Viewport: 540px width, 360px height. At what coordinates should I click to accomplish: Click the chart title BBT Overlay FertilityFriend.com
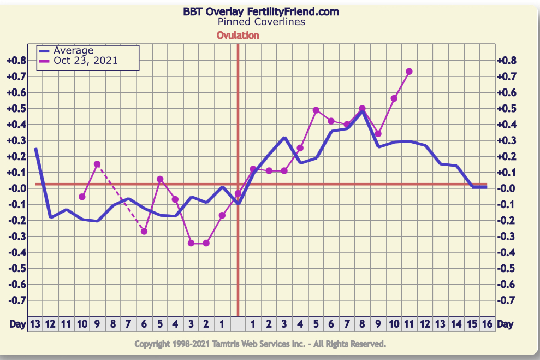[x=260, y=11]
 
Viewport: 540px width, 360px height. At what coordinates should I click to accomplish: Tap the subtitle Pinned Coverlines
[x=261, y=22]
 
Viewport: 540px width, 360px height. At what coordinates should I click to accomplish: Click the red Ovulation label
[x=238, y=36]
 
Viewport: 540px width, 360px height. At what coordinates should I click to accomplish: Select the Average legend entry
[x=73, y=51]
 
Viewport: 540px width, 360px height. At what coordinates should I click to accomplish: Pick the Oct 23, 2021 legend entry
[x=85, y=61]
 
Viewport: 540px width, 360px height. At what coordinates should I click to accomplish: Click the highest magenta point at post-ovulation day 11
[x=409, y=72]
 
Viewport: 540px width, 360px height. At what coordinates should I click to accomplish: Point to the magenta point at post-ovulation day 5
[x=316, y=110]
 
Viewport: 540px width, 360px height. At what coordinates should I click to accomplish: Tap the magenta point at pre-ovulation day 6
[x=144, y=232]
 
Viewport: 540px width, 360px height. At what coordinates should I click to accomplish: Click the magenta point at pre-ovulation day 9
[x=97, y=164]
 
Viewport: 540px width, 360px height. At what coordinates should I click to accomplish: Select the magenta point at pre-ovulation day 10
[x=82, y=197]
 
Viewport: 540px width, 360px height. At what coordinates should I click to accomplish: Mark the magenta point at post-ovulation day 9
[x=378, y=134]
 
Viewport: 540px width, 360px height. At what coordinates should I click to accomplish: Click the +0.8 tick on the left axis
[x=16, y=60]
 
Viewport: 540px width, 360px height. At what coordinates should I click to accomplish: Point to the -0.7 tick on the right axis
[x=508, y=300]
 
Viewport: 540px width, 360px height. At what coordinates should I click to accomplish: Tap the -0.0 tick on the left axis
[x=16, y=188]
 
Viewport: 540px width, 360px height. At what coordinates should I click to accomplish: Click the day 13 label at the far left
[x=35, y=324]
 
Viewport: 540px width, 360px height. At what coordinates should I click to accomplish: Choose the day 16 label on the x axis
[x=487, y=324]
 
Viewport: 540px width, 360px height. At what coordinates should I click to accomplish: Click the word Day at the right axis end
[x=505, y=324]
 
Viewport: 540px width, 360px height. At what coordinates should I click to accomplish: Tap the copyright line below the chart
[x=260, y=344]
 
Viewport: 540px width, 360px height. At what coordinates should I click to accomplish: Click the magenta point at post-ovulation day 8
[x=362, y=109]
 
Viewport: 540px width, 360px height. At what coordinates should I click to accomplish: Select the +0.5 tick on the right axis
[x=508, y=108]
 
